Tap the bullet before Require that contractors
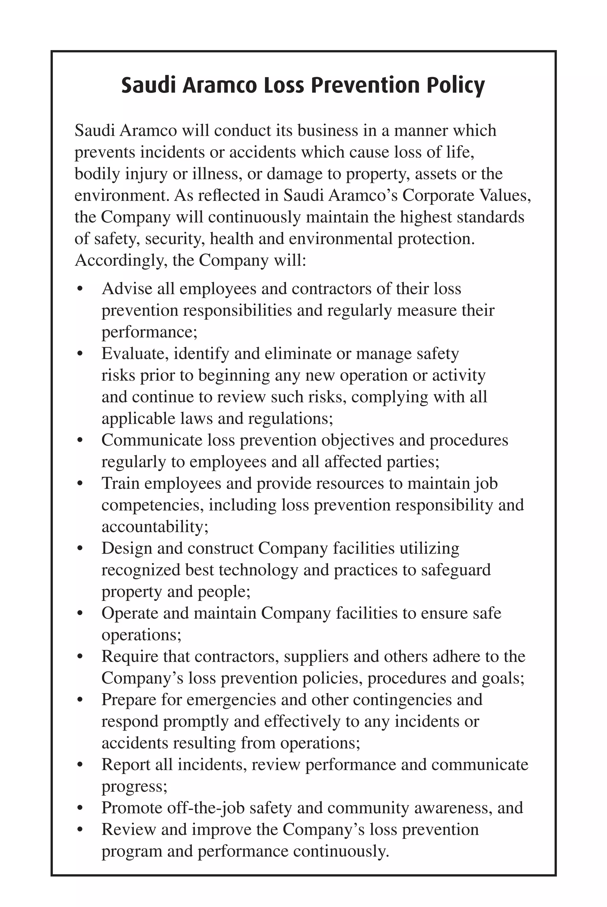(x=80, y=657)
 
